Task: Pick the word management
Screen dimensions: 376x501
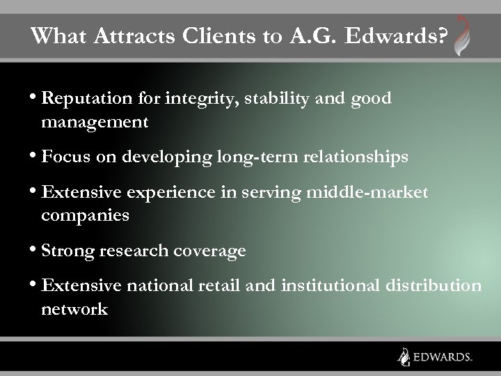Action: pyautogui.click(x=95, y=123)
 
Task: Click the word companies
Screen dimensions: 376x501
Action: pyautogui.click(x=85, y=215)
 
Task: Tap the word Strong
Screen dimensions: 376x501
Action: pyautogui.click(x=67, y=251)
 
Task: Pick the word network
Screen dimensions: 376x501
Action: pyautogui.click(x=74, y=308)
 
